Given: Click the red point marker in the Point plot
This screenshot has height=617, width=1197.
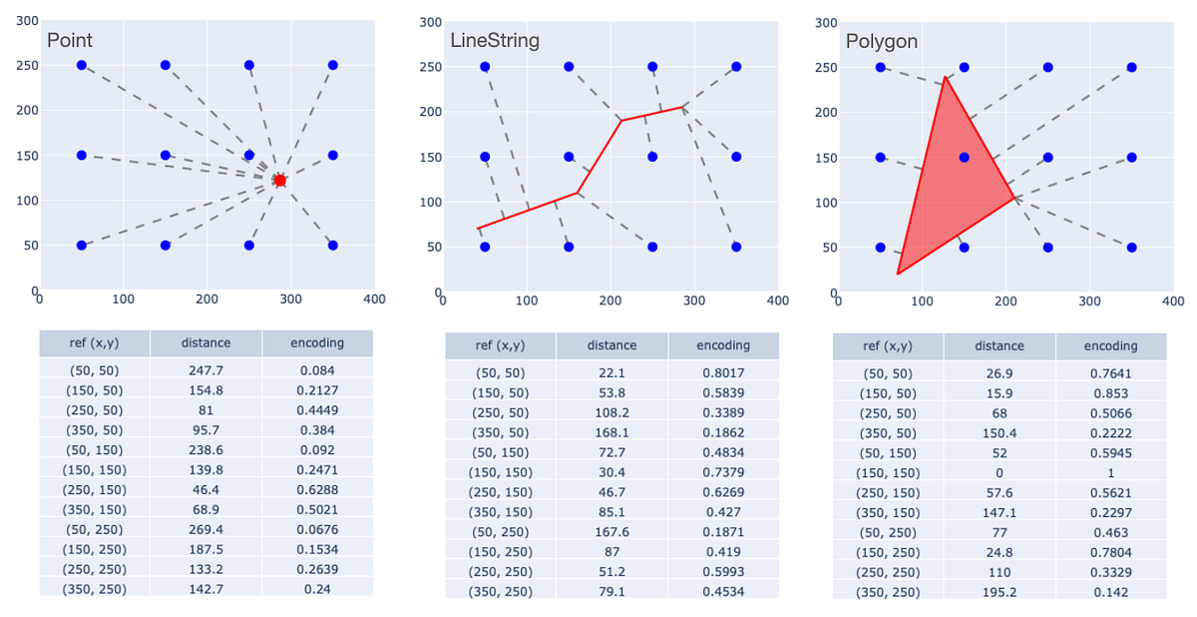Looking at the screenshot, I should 280,181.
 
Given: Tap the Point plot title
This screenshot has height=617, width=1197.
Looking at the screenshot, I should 70,40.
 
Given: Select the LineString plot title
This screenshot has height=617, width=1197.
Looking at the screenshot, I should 495,41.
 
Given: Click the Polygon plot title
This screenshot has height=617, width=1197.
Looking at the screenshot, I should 882,42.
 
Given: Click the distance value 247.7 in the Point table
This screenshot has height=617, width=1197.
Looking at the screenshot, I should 205,370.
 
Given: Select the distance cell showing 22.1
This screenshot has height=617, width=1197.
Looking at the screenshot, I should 611,373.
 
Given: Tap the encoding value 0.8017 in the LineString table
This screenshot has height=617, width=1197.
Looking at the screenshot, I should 722,373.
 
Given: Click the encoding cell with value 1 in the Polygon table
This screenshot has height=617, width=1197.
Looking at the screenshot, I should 1110,472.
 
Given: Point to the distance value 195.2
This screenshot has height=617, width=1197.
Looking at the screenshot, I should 999,591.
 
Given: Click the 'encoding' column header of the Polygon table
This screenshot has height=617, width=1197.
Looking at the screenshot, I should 1110,345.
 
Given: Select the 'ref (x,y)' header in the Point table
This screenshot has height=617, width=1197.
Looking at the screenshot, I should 95,342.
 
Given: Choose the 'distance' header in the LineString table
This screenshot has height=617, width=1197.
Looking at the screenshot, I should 611,345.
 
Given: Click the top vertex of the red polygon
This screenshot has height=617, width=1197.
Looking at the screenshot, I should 944,76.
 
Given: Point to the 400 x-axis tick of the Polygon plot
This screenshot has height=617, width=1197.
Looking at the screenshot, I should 1173,300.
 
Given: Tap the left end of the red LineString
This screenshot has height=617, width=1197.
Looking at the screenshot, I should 477,229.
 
